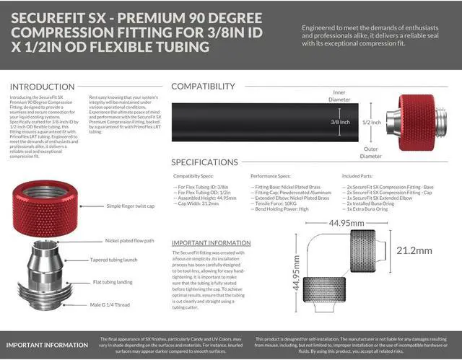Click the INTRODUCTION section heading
point(43,87)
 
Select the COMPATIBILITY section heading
point(213,87)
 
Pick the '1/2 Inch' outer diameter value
point(372,122)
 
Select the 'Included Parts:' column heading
point(359,175)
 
